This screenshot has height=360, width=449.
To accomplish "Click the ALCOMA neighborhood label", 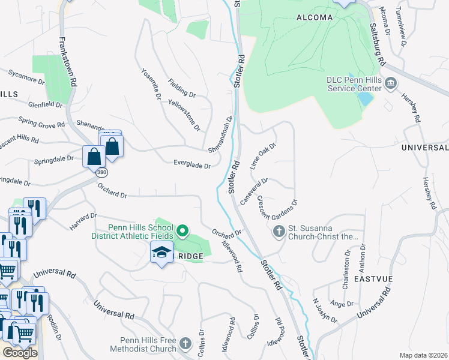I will click(x=315, y=17).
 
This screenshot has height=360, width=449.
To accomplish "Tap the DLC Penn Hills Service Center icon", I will click(x=391, y=82).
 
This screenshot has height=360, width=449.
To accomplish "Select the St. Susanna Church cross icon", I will click(x=279, y=231).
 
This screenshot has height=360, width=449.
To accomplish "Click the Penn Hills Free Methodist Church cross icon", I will click(x=185, y=344).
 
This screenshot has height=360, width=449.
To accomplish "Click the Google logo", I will click(x=20, y=353).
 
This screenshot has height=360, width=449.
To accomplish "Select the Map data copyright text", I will click(x=423, y=355).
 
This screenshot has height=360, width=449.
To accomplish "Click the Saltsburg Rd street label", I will click(x=377, y=44).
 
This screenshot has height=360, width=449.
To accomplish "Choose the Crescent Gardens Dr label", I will click(x=277, y=209).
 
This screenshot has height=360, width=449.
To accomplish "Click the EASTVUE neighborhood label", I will click(x=373, y=280).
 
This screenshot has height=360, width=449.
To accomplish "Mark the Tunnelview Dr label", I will click(x=401, y=28).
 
